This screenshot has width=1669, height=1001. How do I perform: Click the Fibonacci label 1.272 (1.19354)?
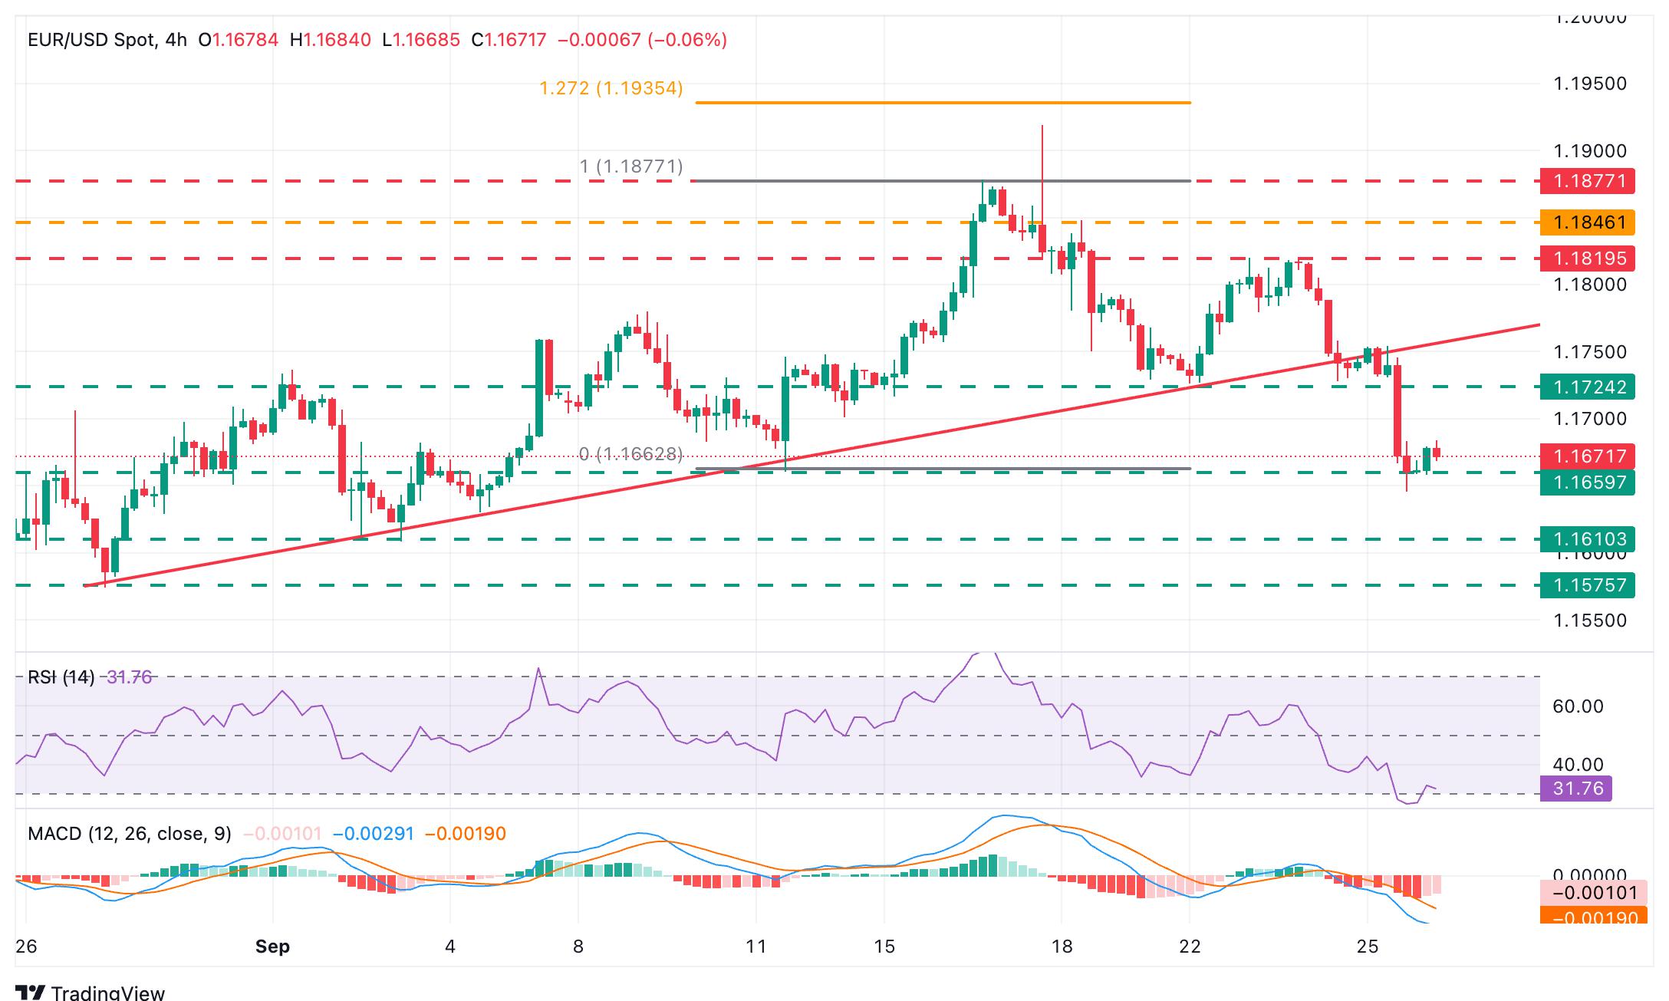point(611,88)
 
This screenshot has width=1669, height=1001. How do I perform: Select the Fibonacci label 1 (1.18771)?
point(630,166)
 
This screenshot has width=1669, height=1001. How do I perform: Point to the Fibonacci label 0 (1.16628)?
point(630,454)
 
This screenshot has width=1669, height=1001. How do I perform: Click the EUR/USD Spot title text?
point(91,40)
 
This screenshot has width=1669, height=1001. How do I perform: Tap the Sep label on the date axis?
point(272,947)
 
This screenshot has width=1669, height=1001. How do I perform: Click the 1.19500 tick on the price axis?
point(1589,84)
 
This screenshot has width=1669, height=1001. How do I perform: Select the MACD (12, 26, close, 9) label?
point(129,834)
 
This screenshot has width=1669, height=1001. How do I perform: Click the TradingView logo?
point(91,993)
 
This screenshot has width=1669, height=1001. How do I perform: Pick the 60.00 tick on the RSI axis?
point(1578,706)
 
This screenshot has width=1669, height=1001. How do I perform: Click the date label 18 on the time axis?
point(1062,947)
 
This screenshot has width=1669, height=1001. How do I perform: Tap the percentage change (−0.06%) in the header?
point(687,40)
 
